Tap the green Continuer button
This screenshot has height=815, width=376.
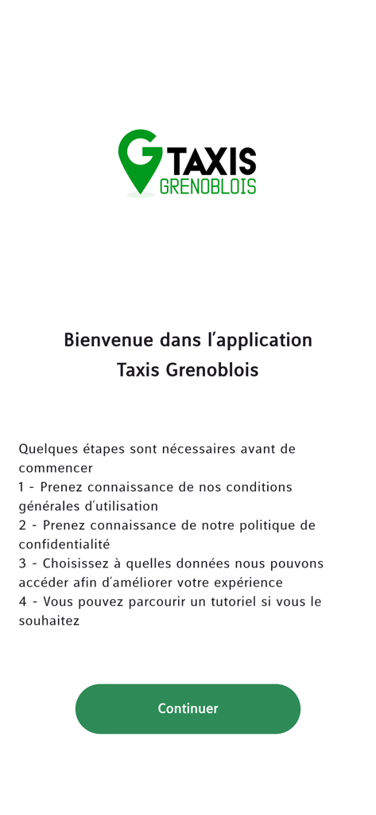tap(188, 708)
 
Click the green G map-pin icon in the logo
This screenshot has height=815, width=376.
tap(140, 159)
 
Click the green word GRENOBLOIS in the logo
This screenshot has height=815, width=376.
tap(207, 186)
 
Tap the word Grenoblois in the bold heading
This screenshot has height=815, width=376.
tap(211, 370)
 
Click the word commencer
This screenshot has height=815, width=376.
tap(56, 468)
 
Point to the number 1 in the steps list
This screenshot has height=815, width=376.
tap(22, 487)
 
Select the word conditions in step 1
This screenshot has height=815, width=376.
tap(259, 487)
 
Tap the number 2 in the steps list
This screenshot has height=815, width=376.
tap(23, 525)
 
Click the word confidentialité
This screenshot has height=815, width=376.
tap(64, 544)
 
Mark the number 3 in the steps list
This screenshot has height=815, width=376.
tap(23, 563)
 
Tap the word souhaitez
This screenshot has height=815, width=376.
tap(49, 621)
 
